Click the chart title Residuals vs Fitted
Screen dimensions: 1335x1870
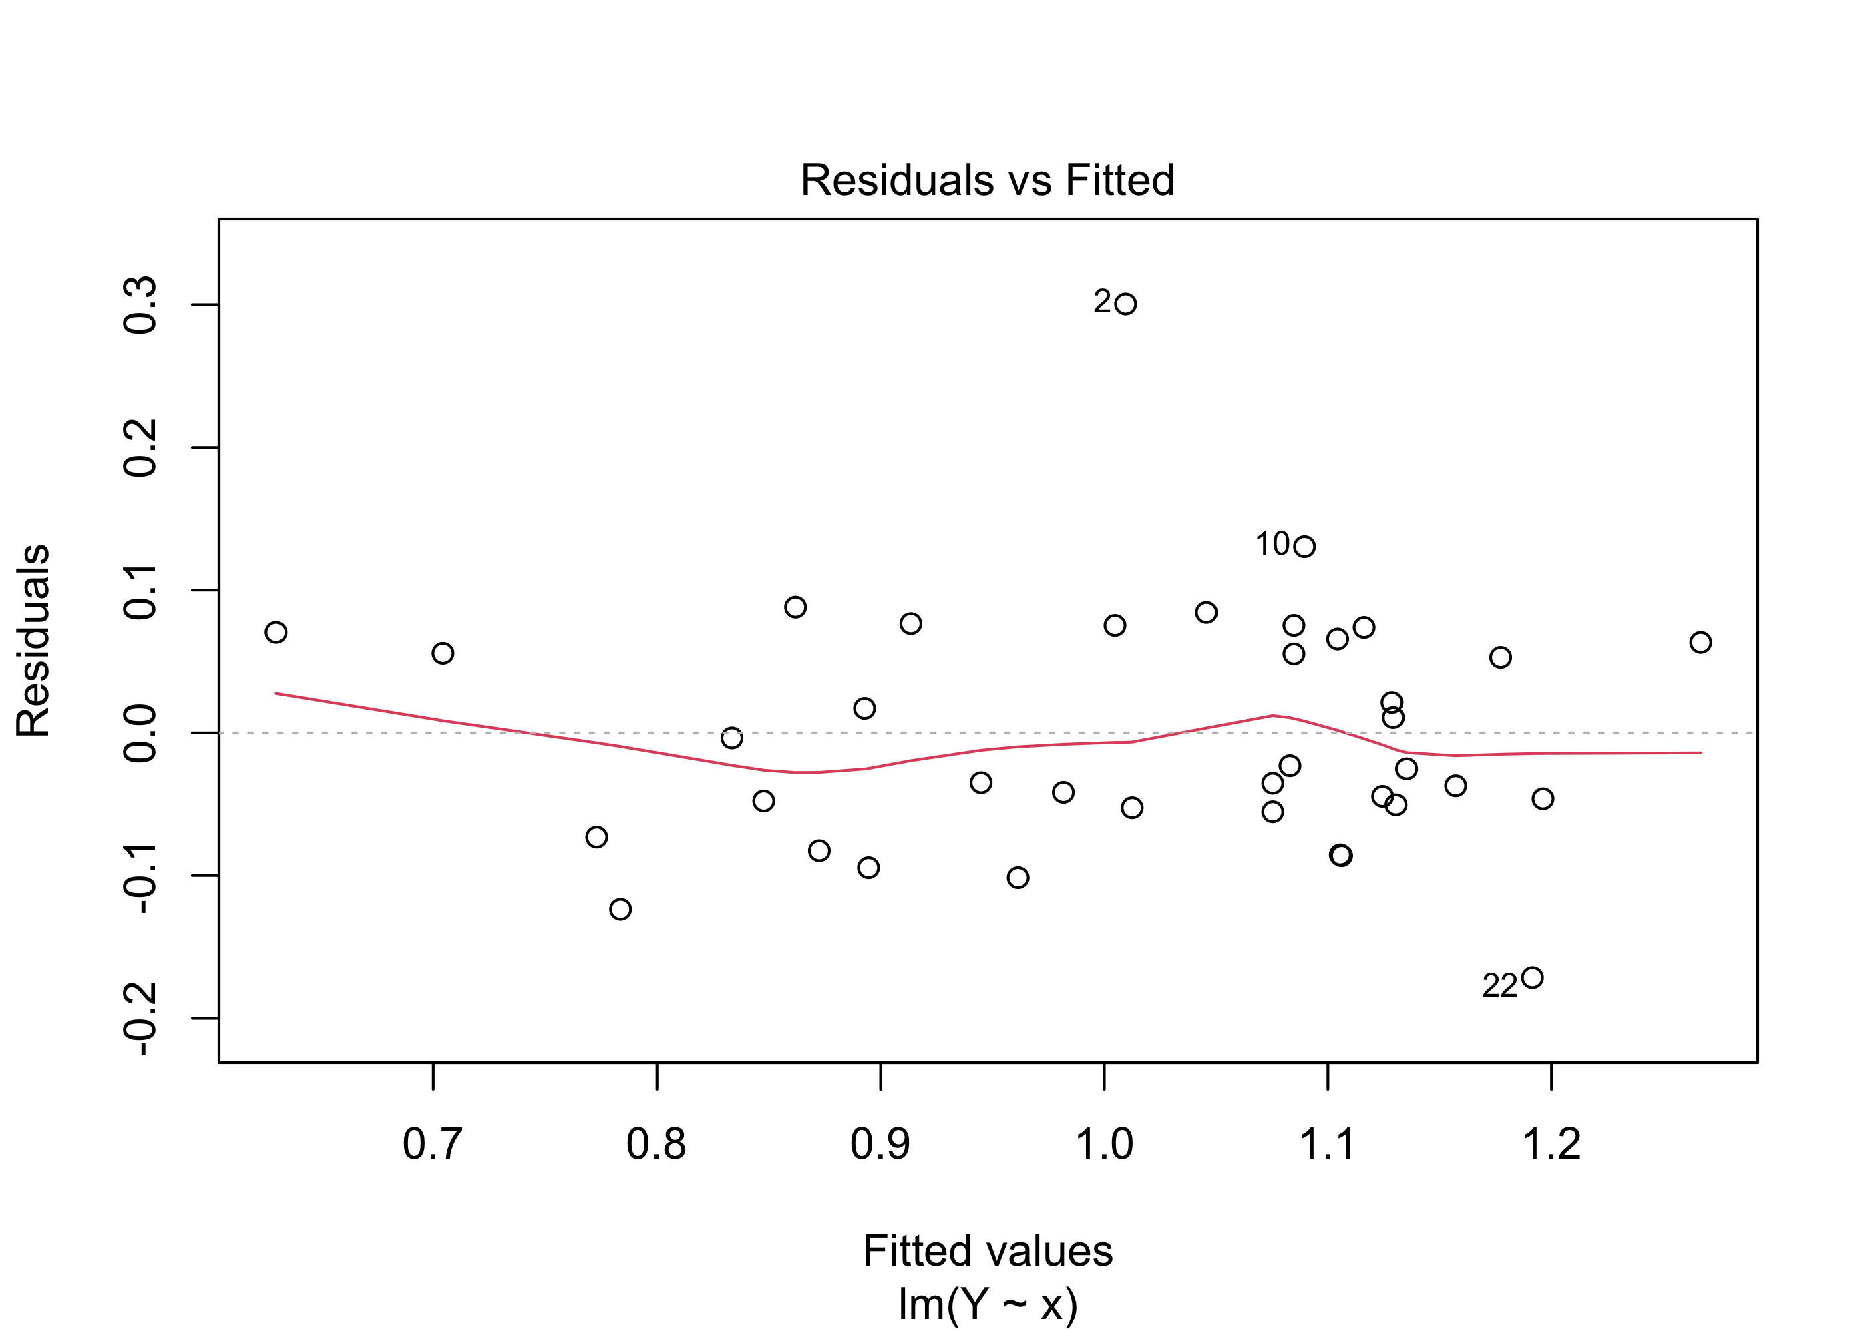pos(987,180)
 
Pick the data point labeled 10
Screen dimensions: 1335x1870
pos(1304,546)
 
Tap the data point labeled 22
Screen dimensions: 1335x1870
pos(1532,977)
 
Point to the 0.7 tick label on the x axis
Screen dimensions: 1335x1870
pos(433,1144)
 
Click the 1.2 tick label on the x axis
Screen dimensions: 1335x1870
pos(1551,1144)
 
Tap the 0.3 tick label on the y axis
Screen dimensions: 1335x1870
pos(141,305)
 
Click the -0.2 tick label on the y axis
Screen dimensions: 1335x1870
pos(141,1019)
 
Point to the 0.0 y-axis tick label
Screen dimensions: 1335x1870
pos(141,732)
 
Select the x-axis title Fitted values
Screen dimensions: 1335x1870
pos(987,1251)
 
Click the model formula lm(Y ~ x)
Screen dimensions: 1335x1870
pos(987,1304)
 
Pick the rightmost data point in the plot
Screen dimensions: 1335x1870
pos(1700,642)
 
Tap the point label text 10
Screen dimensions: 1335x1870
pos(1272,544)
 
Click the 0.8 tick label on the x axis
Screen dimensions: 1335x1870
pos(657,1144)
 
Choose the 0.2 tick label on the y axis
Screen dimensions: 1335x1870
pos(141,447)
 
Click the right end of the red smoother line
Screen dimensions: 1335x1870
pos(1700,752)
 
